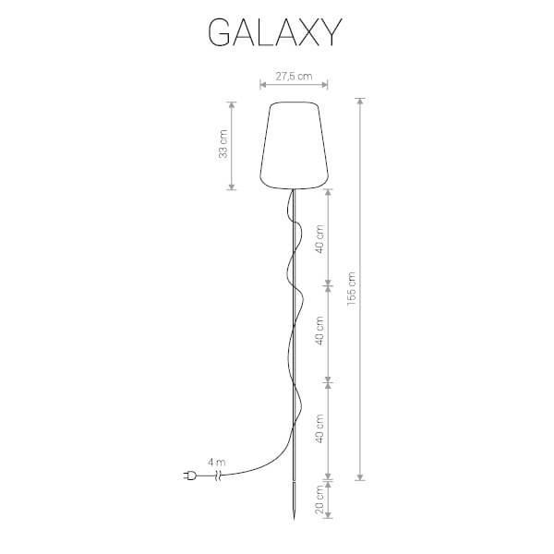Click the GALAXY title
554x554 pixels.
(x=275, y=32)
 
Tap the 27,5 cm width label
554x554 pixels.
(x=294, y=77)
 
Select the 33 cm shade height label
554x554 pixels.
(x=223, y=144)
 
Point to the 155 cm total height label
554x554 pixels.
(x=351, y=291)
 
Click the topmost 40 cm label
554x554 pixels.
(x=319, y=239)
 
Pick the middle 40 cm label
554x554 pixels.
(x=319, y=331)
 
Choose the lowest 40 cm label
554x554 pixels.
(x=319, y=429)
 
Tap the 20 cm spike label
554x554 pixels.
(x=319, y=500)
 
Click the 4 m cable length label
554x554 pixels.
(x=217, y=463)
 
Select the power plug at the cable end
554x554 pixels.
(x=189, y=476)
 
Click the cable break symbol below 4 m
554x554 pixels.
(x=218, y=476)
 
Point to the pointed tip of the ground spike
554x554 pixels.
(x=294, y=520)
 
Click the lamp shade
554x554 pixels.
(x=295, y=145)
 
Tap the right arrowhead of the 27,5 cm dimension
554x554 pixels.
(x=325, y=84)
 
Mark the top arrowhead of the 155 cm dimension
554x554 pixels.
(x=360, y=101)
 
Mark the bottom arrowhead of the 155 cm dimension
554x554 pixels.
(x=360, y=477)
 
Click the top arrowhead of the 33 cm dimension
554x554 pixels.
(x=232, y=105)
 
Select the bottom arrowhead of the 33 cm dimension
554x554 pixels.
(x=232, y=187)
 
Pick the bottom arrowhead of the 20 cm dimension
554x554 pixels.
(x=328, y=515)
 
